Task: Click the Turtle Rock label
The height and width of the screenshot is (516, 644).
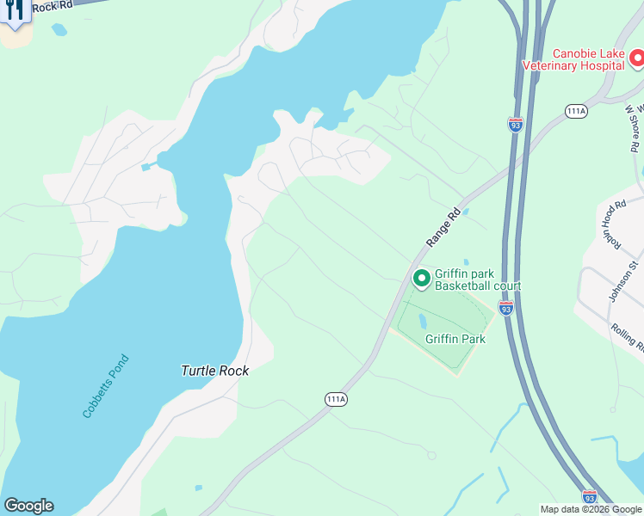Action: click(214, 371)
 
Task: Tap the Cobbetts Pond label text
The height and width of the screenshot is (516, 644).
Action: click(105, 386)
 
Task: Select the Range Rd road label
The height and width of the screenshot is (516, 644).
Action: click(444, 229)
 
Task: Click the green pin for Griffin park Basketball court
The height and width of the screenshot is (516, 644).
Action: click(421, 279)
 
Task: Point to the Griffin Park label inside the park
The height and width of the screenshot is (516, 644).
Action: click(455, 339)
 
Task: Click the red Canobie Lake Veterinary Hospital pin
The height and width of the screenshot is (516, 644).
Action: click(636, 58)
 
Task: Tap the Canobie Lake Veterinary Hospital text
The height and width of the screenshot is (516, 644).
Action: click(576, 58)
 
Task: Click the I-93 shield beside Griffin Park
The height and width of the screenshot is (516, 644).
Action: click(506, 307)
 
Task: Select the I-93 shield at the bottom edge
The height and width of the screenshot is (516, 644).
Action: click(589, 496)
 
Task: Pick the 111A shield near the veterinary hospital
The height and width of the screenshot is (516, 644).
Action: click(576, 111)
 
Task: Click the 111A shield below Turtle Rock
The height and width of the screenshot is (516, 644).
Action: click(337, 399)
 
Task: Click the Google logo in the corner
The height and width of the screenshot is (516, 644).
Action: click(28, 506)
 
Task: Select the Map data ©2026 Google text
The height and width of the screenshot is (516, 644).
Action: click(590, 509)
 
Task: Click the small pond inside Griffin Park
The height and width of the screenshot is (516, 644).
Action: click(422, 321)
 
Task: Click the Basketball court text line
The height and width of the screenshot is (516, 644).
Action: click(478, 286)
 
